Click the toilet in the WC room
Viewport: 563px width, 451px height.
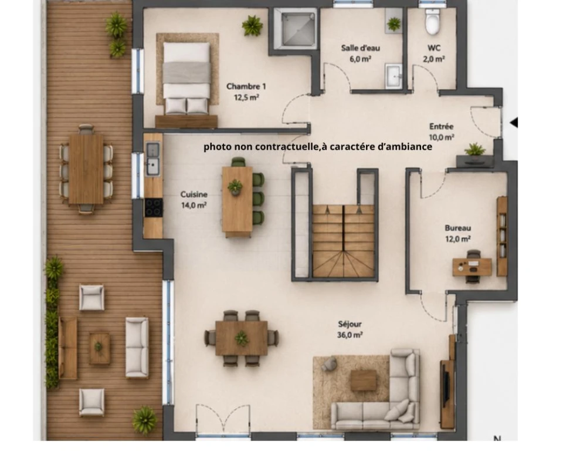pos(432,22)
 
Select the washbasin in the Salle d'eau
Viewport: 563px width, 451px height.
pos(394,76)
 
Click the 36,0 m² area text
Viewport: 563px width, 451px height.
pos(350,335)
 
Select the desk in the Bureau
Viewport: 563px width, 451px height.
pos(472,267)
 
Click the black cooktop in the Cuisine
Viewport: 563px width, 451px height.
pos(154,208)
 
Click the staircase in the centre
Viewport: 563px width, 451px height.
pos(344,241)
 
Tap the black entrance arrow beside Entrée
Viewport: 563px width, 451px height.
pos(514,122)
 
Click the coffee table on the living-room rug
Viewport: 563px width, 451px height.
pos(364,380)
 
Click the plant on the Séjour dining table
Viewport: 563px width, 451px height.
pos(241,338)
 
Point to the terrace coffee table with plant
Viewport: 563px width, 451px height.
pos(99,348)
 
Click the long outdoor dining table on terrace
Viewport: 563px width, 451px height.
pos(86,169)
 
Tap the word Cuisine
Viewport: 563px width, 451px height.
pos(194,194)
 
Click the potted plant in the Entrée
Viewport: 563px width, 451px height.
pos(474,149)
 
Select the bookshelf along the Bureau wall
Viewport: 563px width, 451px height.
pos(501,236)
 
